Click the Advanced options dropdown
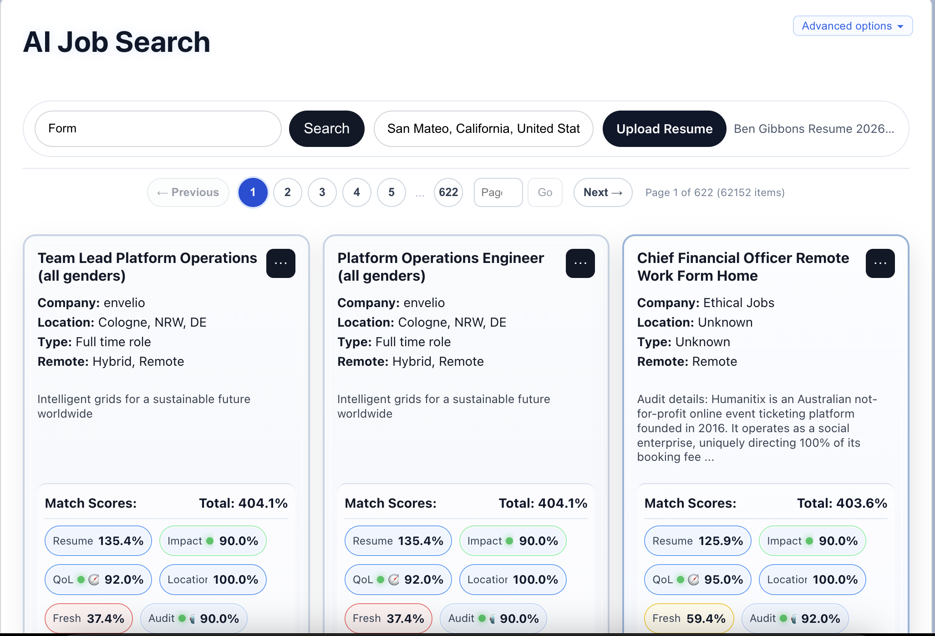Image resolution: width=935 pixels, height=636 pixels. pyautogui.click(x=853, y=26)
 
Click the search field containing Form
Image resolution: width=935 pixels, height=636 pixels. pyautogui.click(x=158, y=129)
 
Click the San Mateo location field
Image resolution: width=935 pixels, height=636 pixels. pyautogui.click(x=483, y=129)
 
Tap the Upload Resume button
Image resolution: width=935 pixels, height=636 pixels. pyautogui.click(x=664, y=129)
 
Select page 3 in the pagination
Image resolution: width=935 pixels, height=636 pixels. pyautogui.click(x=322, y=192)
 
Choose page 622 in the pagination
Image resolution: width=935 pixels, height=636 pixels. pyautogui.click(x=448, y=192)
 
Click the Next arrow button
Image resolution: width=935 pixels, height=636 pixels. pyautogui.click(x=603, y=192)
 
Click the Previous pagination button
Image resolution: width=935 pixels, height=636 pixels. pyautogui.click(x=188, y=192)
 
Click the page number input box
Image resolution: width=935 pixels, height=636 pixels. pyautogui.click(x=498, y=192)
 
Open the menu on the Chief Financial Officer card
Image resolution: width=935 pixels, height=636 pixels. pyautogui.click(x=880, y=263)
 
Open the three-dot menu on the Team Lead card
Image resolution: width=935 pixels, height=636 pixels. pyautogui.click(x=281, y=263)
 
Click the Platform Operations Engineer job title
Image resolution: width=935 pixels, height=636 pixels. pyautogui.click(x=441, y=267)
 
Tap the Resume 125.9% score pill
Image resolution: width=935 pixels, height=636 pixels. pyautogui.click(x=697, y=541)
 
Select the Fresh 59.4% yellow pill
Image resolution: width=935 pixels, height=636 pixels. pyautogui.click(x=689, y=618)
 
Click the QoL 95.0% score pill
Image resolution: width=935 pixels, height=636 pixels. pyautogui.click(x=697, y=580)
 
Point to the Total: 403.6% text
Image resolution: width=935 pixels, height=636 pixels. pyautogui.click(x=842, y=503)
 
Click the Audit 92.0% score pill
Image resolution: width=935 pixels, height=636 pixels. pyautogui.click(x=795, y=618)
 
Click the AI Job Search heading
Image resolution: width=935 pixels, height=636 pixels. pyautogui.click(x=117, y=42)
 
